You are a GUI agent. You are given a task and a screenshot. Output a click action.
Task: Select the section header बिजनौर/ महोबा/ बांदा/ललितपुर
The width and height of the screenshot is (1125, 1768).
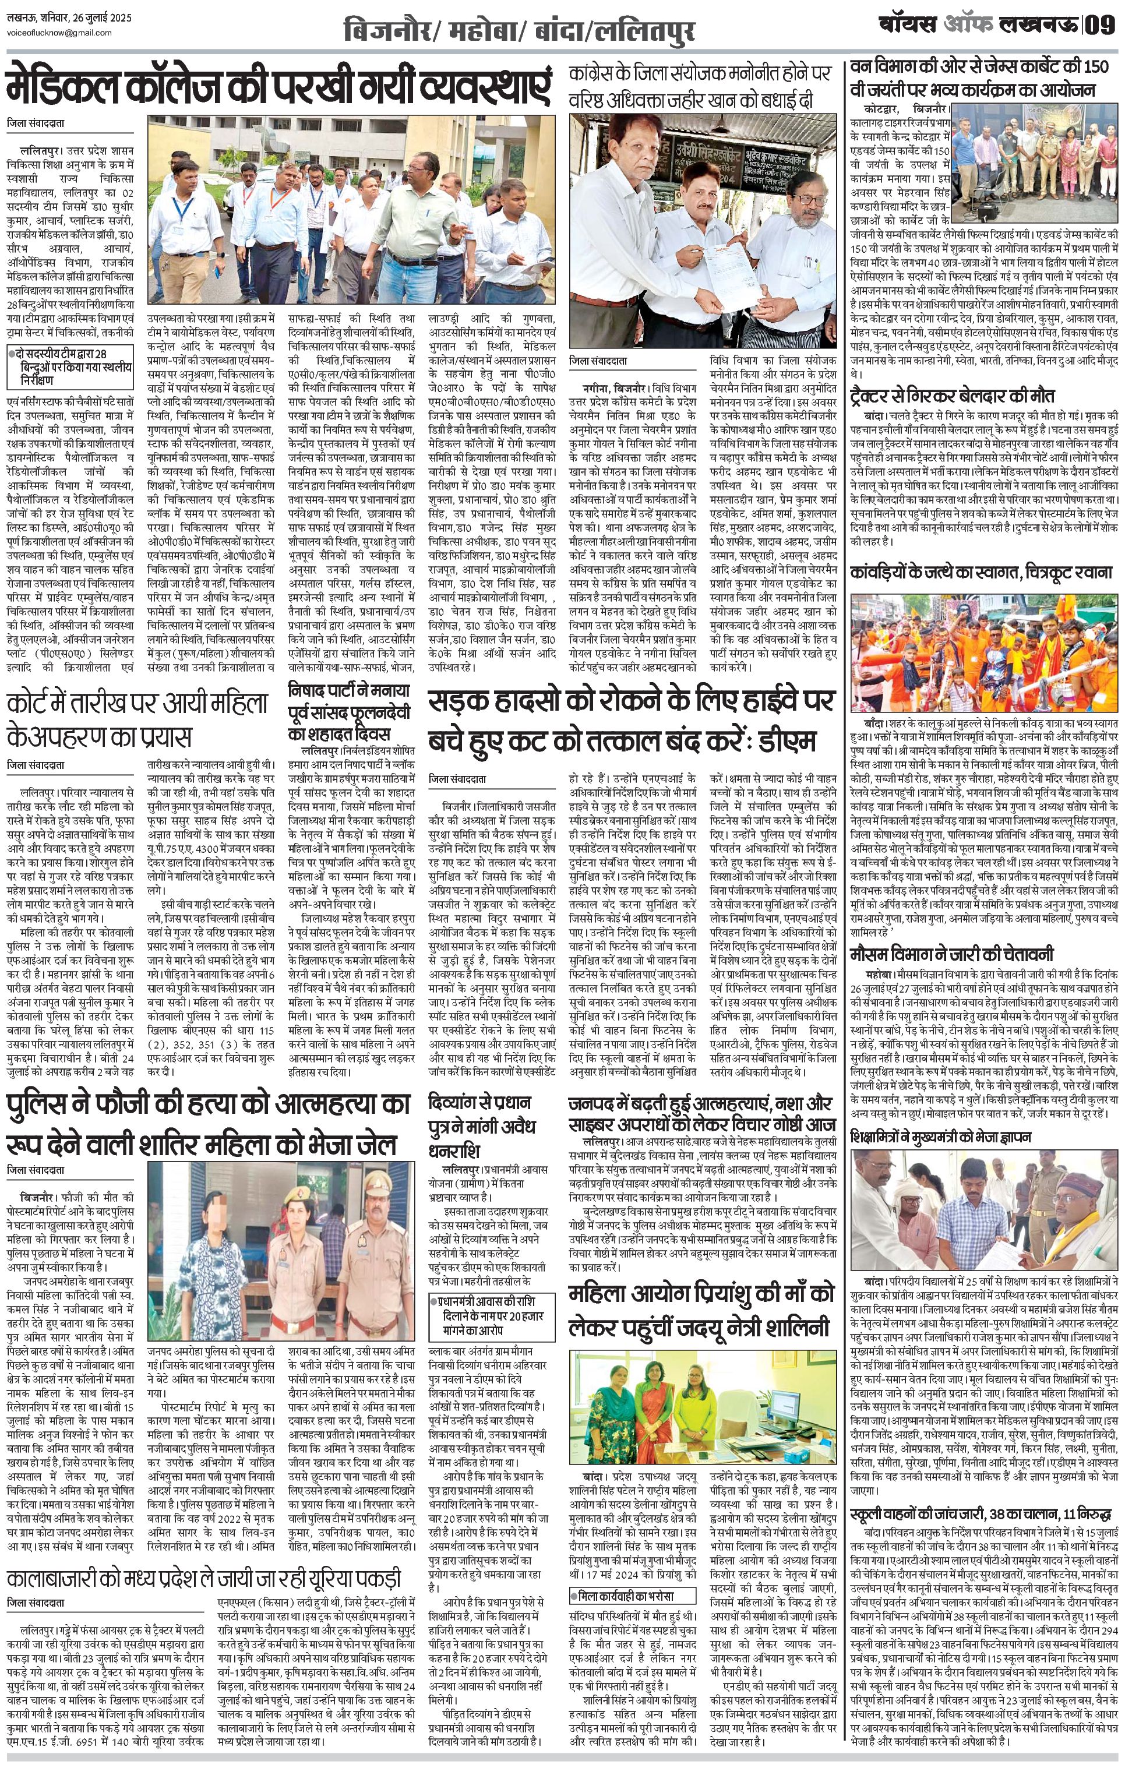click(519, 31)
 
